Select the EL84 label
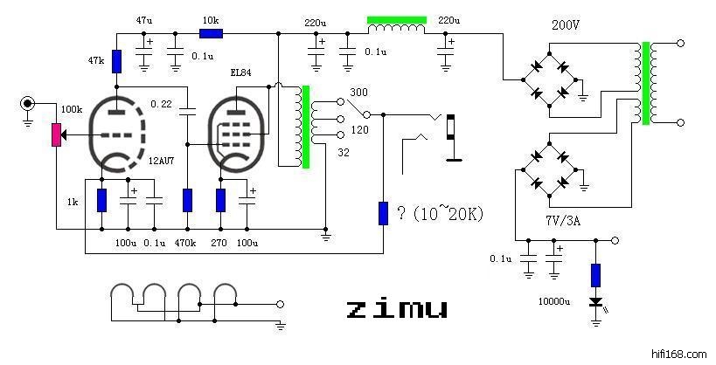[240, 73]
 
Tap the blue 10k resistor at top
[211, 33]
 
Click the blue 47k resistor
[117, 59]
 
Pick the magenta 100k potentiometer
[56, 134]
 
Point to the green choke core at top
[397, 18]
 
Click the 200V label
[566, 25]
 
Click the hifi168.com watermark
[679, 354]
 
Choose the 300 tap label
[358, 92]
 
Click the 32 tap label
[344, 151]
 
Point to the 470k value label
[186, 242]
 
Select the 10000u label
[554, 300]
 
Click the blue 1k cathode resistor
[101, 200]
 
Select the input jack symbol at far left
[28, 104]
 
